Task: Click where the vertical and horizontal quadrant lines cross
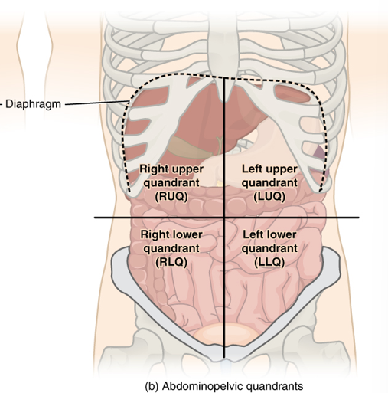click(x=224, y=218)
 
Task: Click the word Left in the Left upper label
click(x=253, y=168)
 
